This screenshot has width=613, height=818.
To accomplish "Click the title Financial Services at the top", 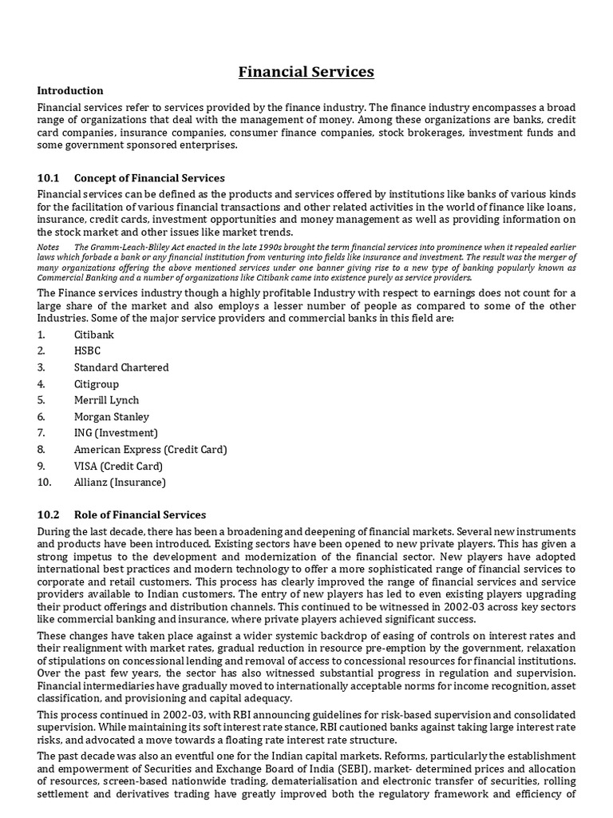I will (306, 72).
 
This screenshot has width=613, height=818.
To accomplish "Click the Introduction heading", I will (70, 90).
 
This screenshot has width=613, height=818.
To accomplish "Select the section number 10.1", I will (49, 178).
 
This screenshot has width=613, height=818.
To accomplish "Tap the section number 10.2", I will (49, 515).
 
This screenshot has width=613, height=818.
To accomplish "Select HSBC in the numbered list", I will (88, 351).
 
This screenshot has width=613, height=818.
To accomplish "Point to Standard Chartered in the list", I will (121, 367).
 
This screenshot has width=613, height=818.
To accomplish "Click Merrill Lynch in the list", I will (106, 400).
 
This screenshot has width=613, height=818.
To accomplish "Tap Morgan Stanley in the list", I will (112, 417).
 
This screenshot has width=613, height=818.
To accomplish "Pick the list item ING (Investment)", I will (115, 433).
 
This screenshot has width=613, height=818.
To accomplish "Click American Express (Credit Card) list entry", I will (150, 450).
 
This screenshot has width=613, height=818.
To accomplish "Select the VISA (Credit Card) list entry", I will (118, 466).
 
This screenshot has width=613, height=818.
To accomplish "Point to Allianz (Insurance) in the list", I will (120, 482).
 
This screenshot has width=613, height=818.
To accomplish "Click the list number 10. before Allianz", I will (45, 482).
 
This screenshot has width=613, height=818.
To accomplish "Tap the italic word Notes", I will (48, 247).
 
